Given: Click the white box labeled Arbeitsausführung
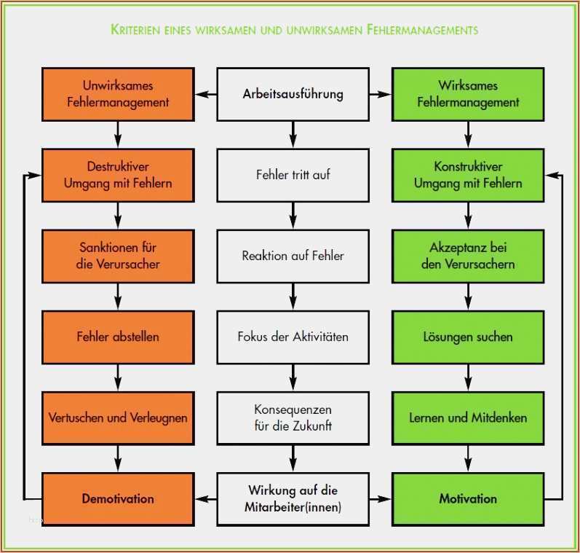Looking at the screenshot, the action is (293, 94).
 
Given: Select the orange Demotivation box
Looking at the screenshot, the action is (118, 498).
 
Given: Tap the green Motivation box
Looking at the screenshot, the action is (468, 498).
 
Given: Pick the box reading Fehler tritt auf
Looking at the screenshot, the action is (293, 175).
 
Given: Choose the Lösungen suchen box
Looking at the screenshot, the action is (468, 337).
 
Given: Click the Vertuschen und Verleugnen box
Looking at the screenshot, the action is (118, 418).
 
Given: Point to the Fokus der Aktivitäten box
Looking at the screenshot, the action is (293, 337).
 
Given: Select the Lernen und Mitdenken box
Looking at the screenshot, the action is (468, 418).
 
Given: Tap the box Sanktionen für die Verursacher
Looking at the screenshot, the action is (118, 256).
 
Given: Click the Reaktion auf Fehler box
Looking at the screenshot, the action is (293, 256).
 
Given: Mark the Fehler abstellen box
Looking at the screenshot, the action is (118, 337).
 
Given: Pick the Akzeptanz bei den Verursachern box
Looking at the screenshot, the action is (468, 256).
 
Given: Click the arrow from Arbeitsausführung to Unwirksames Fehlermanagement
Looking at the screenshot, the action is (206, 95).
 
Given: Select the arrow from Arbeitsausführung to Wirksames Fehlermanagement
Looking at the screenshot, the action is (381, 95).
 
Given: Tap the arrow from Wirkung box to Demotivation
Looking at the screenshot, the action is (206, 499).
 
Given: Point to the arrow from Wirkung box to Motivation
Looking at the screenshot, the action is (381, 499).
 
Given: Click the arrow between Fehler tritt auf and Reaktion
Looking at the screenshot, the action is (293, 216).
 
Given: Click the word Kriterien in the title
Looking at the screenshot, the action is (135, 29).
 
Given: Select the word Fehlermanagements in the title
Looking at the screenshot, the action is (422, 29).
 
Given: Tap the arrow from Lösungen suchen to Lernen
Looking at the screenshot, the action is (468, 377).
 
